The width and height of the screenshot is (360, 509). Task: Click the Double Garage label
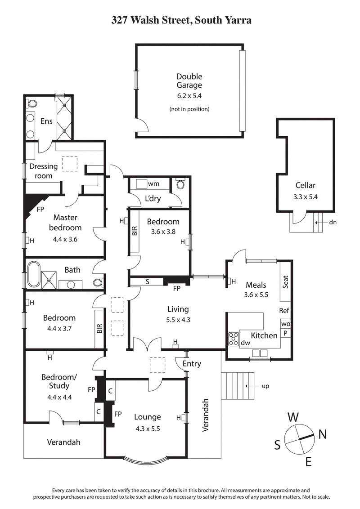(x=189, y=80)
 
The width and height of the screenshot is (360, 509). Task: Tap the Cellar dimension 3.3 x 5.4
(x=306, y=196)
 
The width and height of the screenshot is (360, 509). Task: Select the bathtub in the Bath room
(x=33, y=275)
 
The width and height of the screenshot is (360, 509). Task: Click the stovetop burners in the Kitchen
(x=234, y=339)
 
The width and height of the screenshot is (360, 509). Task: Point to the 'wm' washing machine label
(x=153, y=184)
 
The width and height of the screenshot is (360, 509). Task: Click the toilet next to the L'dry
(x=181, y=185)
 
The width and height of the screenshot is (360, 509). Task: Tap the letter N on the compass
(x=322, y=434)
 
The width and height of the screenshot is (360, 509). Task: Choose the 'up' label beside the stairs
(x=265, y=386)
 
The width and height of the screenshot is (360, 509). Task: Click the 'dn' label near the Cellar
(x=333, y=222)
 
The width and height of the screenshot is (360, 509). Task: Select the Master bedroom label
(x=65, y=223)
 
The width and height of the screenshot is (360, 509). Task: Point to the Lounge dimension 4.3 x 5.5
(x=147, y=429)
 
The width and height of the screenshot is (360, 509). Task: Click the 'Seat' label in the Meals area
(x=285, y=282)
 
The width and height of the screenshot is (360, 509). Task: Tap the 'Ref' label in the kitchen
(x=284, y=311)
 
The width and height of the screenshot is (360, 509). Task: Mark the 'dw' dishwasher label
(x=245, y=343)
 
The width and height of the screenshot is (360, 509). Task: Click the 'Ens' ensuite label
(x=46, y=121)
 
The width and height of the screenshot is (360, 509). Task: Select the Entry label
(x=192, y=364)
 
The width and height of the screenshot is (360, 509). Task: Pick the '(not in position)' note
(x=189, y=109)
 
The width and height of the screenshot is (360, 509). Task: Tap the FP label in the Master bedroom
(x=40, y=209)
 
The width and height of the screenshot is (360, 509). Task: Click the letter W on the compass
(x=293, y=417)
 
